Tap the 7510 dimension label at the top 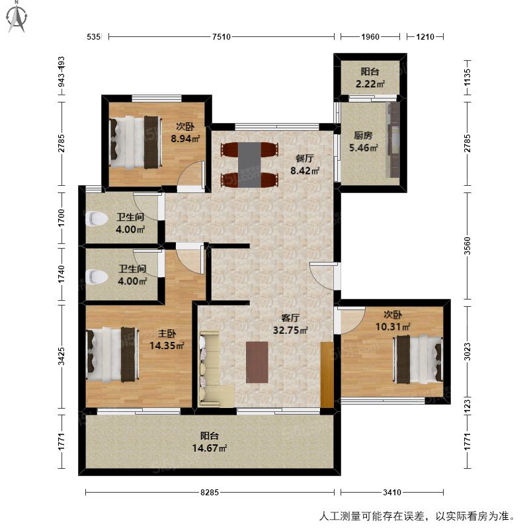222,36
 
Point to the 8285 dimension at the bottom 210,492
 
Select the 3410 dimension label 392,492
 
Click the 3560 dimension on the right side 467,246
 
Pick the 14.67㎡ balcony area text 210,448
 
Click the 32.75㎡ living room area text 290,330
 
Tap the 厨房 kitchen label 363,136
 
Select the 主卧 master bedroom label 167,333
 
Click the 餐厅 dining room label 305,158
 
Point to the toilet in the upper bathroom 97,219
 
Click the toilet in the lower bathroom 97,276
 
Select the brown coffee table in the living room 257,362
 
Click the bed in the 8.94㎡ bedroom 135,142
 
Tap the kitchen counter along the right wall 393,140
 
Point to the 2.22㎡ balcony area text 370,84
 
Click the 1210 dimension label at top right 425,36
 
